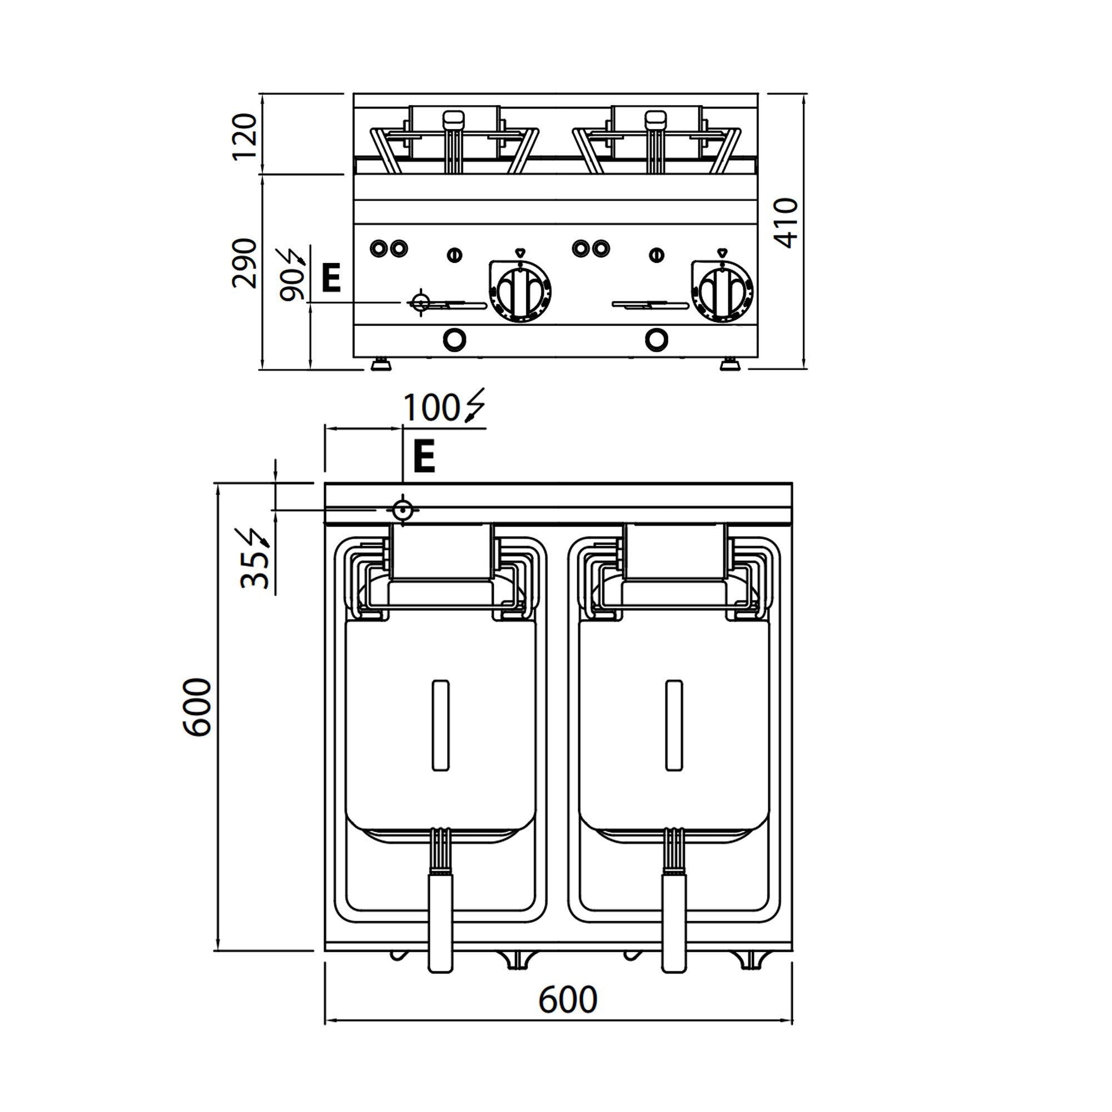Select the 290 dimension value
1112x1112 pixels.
click(x=244, y=263)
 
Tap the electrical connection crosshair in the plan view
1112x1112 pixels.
click(x=403, y=510)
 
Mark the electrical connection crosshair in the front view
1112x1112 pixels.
click(x=420, y=301)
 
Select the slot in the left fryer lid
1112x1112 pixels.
click(x=440, y=725)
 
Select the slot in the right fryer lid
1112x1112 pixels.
click(x=674, y=725)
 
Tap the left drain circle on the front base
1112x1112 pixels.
click(x=454, y=340)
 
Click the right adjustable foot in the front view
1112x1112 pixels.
click(x=730, y=365)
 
